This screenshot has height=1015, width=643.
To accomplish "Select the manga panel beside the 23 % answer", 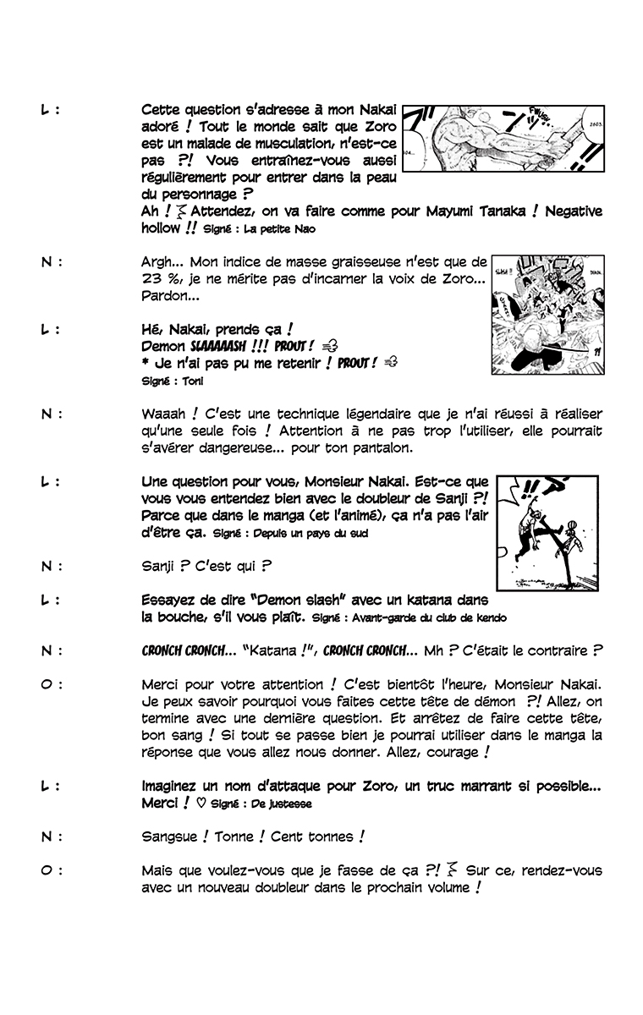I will tap(547, 314).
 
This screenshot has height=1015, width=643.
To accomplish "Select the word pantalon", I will tap(382, 447).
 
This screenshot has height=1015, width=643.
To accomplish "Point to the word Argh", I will tap(158, 262).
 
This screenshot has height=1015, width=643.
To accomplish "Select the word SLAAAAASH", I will tap(222, 346).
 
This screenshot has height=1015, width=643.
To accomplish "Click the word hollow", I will tap(161, 228).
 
